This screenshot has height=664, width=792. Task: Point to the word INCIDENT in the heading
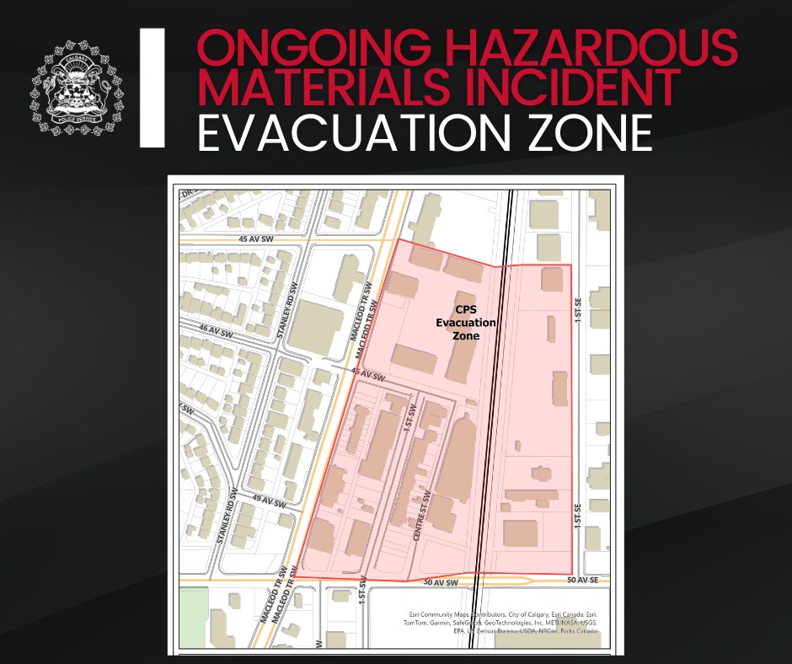pos(586,88)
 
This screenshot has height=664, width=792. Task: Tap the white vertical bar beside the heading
pos(152,88)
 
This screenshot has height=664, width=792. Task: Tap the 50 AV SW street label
pos(440,582)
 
